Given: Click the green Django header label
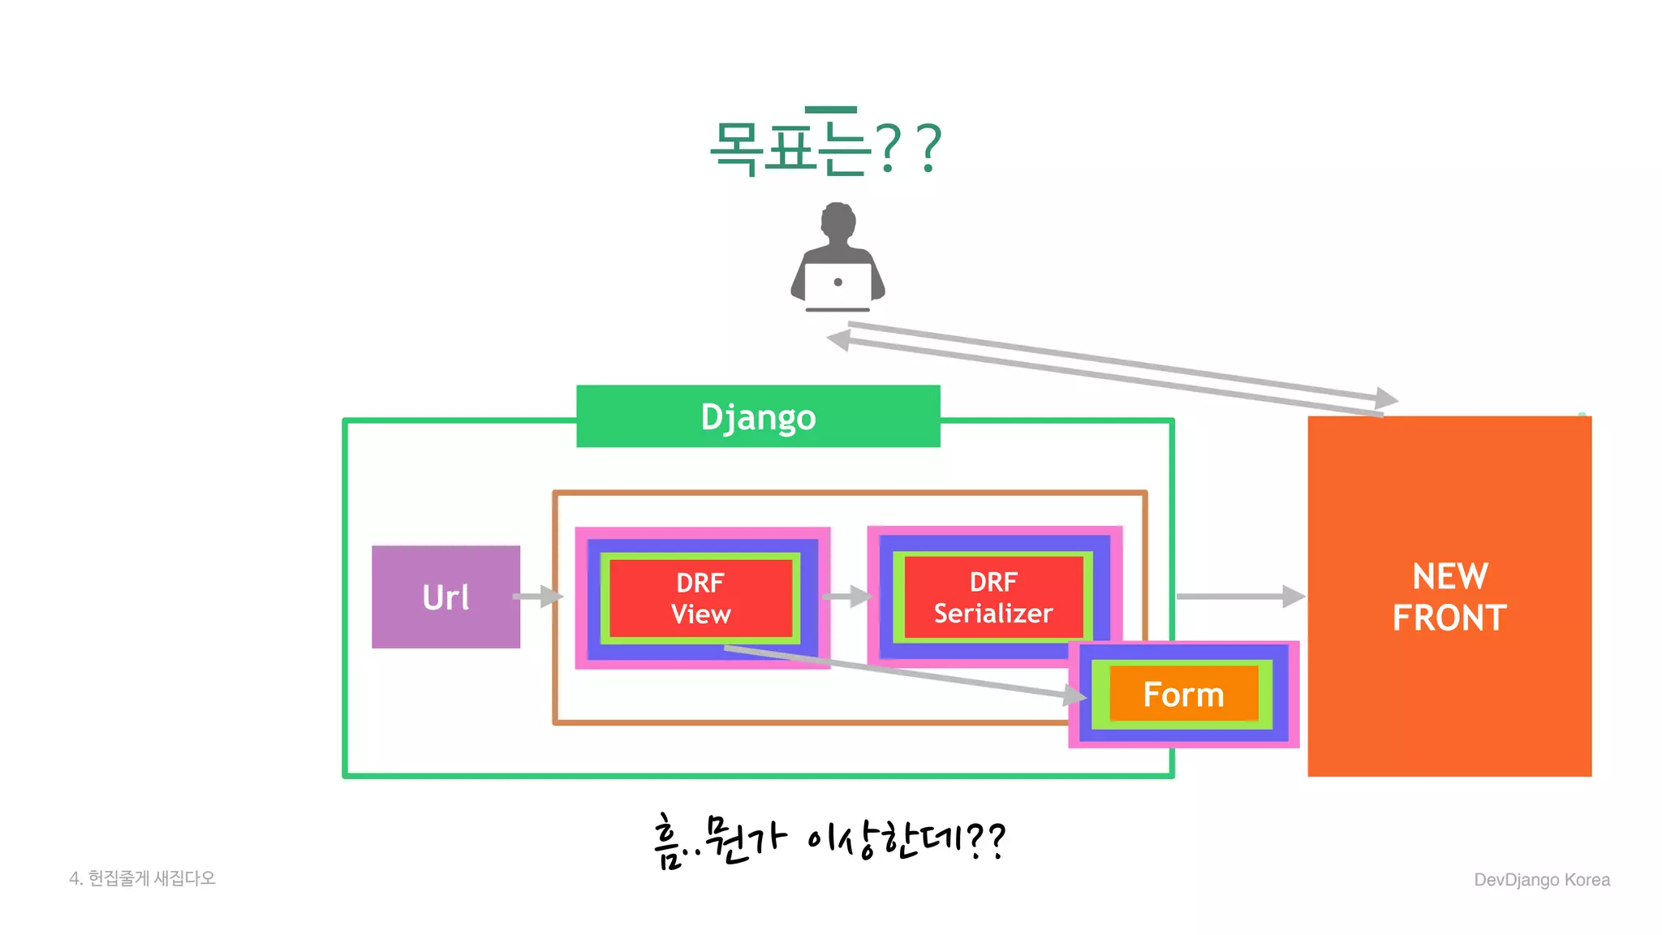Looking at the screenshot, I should pyautogui.click(x=758, y=416).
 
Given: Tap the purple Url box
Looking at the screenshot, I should pyautogui.click(x=446, y=597).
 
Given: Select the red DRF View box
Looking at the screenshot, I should pyautogui.click(x=700, y=598).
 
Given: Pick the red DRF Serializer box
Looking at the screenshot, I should pyautogui.click(x=993, y=597).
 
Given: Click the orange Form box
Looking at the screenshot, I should pyautogui.click(x=1183, y=695).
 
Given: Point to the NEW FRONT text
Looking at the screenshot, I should pyautogui.click(x=1449, y=597).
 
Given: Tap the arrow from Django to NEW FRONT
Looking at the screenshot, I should pyautogui.click(x=1240, y=597).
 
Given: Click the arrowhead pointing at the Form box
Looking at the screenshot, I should pyautogui.click(x=1075, y=695).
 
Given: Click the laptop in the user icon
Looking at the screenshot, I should pyautogui.click(x=837, y=284).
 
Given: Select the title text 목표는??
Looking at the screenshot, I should pyautogui.click(x=825, y=148).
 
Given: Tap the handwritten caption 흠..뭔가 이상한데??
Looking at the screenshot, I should pyautogui.click(x=829, y=841).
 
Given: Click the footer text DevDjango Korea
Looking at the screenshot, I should pyautogui.click(x=1541, y=880).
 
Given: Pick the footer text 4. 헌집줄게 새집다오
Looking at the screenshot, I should pyautogui.click(x=142, y=878).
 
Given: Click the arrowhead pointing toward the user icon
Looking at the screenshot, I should pyautogui.click(x=838, y=340).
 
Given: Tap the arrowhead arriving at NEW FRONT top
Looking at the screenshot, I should pyautogui.click(x=1386, y=398).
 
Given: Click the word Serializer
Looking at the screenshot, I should pyautogui.click(x=993, y=614).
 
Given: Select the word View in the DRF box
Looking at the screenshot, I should pyautogui.click(x=700, y=614).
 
